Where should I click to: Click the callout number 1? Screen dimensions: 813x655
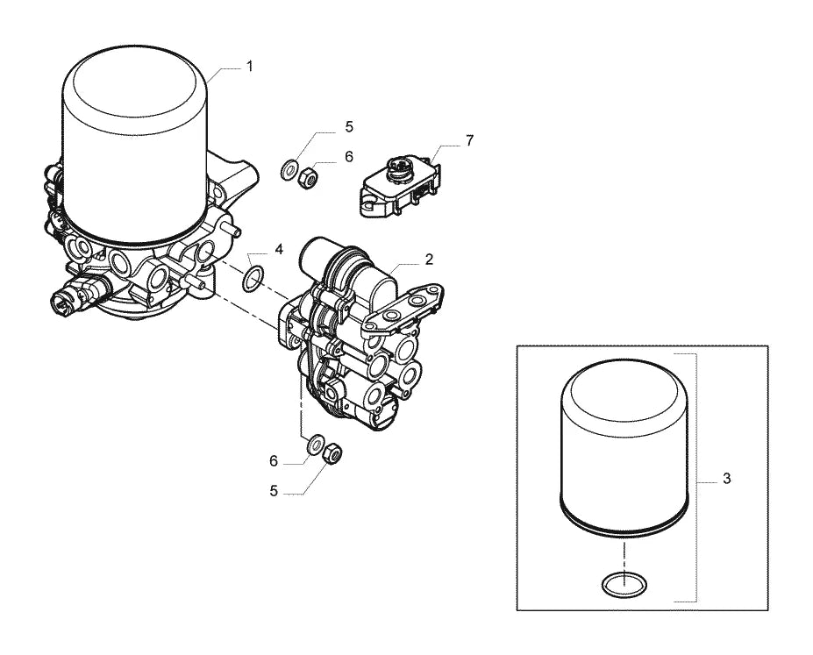click(249, 67)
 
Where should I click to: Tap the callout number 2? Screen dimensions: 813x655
click(429, 259)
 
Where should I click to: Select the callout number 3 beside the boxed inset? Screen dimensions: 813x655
click(726, 478)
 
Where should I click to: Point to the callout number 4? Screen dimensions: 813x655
click(279, 249)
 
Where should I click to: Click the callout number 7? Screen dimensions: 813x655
click(469, 140)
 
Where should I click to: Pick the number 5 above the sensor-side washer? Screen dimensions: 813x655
click(349, 126)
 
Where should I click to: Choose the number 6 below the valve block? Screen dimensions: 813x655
click(274, 460)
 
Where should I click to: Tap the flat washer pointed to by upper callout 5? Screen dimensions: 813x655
click(289, 170)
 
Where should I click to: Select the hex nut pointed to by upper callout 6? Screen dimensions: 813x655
click(308, 178)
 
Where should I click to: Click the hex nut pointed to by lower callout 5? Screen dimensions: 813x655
click(332, 453)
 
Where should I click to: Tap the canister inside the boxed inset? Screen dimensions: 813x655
click(624, 446)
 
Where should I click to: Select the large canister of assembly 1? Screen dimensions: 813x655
click(135, 145)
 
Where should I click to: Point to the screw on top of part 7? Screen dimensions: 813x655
click(400, 167)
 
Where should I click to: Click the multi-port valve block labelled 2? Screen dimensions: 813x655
click(357, 331)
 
